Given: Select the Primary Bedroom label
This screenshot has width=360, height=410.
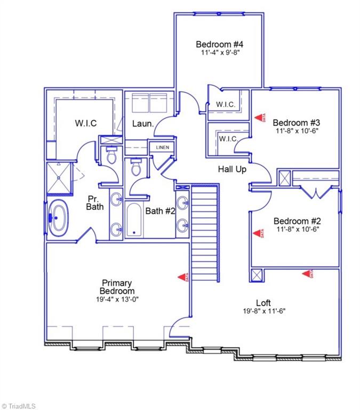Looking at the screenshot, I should point(117,287).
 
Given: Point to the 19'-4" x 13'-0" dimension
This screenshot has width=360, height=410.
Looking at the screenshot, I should point(117,299).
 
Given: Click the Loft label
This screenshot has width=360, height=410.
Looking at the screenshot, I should point(263,302).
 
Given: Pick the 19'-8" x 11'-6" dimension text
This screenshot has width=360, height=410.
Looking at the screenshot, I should point(263,311).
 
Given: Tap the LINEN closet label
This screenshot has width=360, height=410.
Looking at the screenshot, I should point(161,148).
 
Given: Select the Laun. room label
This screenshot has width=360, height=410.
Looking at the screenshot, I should point(143,124).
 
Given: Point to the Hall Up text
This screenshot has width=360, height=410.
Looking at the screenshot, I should point(231,169).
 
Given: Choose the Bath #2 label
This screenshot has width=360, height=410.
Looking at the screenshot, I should point(161,211).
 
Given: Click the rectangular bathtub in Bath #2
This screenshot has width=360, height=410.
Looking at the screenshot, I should point(134,220).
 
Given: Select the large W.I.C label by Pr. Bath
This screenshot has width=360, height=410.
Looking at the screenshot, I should point(85,123).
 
